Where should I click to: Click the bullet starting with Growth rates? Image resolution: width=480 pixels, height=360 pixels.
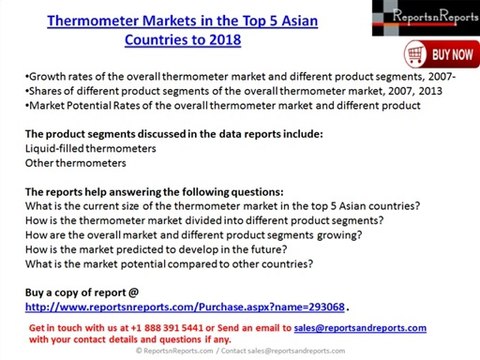tap(240, 77)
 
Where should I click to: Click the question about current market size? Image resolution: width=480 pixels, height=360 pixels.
tap(221, 206)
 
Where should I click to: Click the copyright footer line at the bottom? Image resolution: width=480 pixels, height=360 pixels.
tap(240, 352)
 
